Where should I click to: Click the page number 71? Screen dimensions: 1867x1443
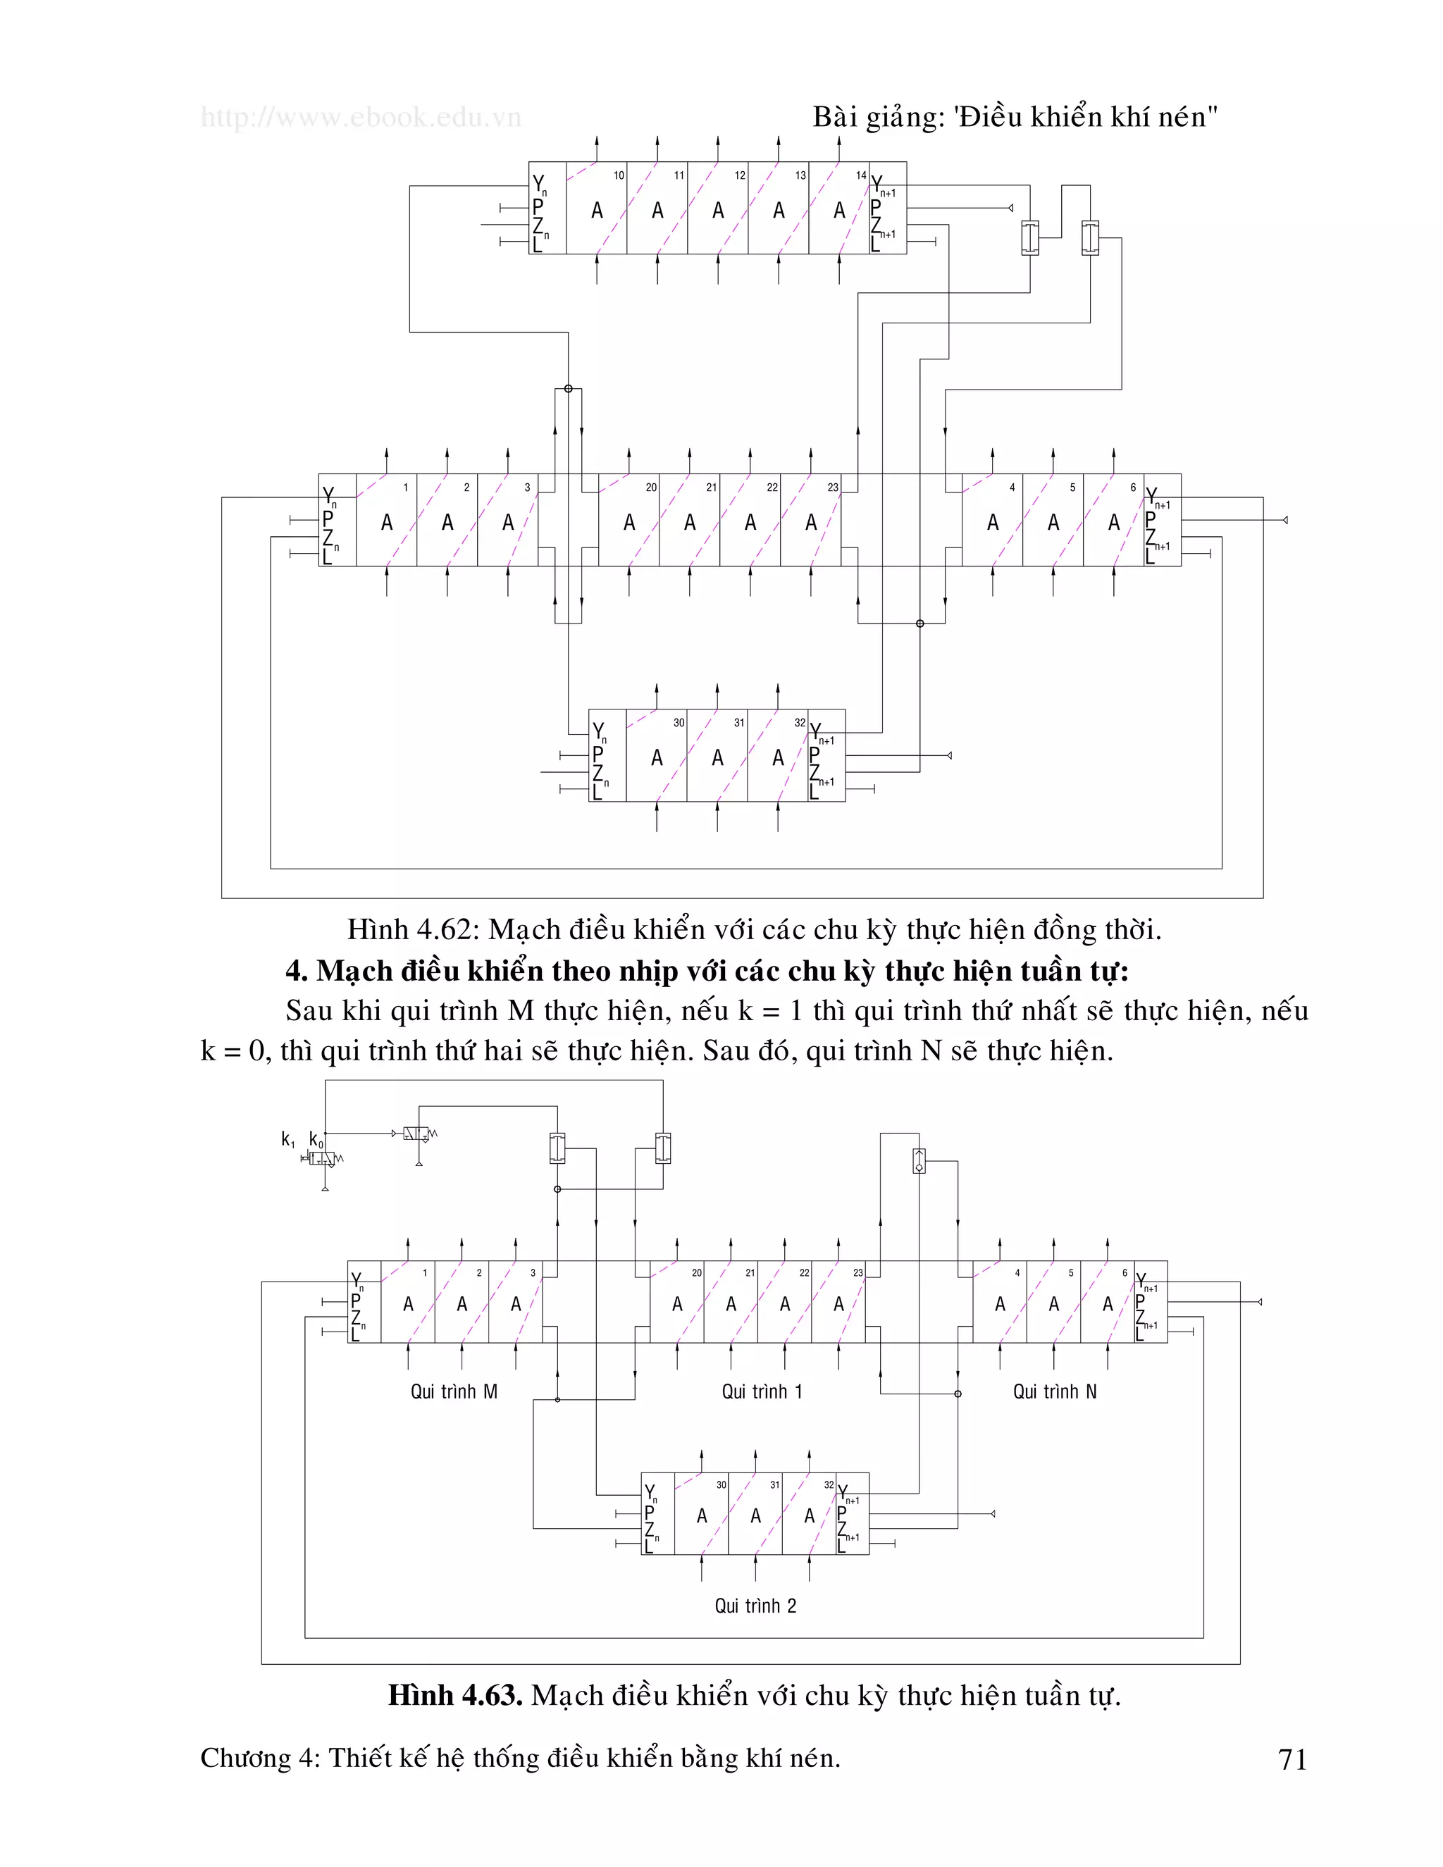[x=1292, y=1759]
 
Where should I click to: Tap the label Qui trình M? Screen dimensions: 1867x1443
[x=454, y=1391]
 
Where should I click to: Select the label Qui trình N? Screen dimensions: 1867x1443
[x=1054, y=1391]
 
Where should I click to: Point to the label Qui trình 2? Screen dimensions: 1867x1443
[x=756, y=1606]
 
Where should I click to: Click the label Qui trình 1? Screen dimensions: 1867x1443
[x=762, y=1391]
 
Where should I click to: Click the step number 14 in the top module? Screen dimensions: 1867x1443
[x=861, y=175]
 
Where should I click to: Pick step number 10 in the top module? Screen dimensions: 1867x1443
[x=618, y=175]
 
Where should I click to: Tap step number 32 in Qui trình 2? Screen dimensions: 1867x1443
[x=829, y=1485]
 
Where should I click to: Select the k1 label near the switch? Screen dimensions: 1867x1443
[x=288, y=1139]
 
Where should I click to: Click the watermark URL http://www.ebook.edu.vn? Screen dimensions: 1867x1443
[x=361, y=117]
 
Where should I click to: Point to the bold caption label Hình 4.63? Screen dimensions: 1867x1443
[x=454, y=1695]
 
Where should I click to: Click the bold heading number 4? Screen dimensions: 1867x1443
[x=296, y=971]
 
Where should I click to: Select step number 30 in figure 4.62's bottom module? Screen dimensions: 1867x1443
[x=678, y=722]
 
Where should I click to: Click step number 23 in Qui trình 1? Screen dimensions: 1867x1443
[x=857, y=1273]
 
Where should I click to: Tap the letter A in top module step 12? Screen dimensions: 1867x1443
[x=718, y=210]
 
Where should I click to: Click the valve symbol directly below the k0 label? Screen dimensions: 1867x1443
[x=322, y=1159]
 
